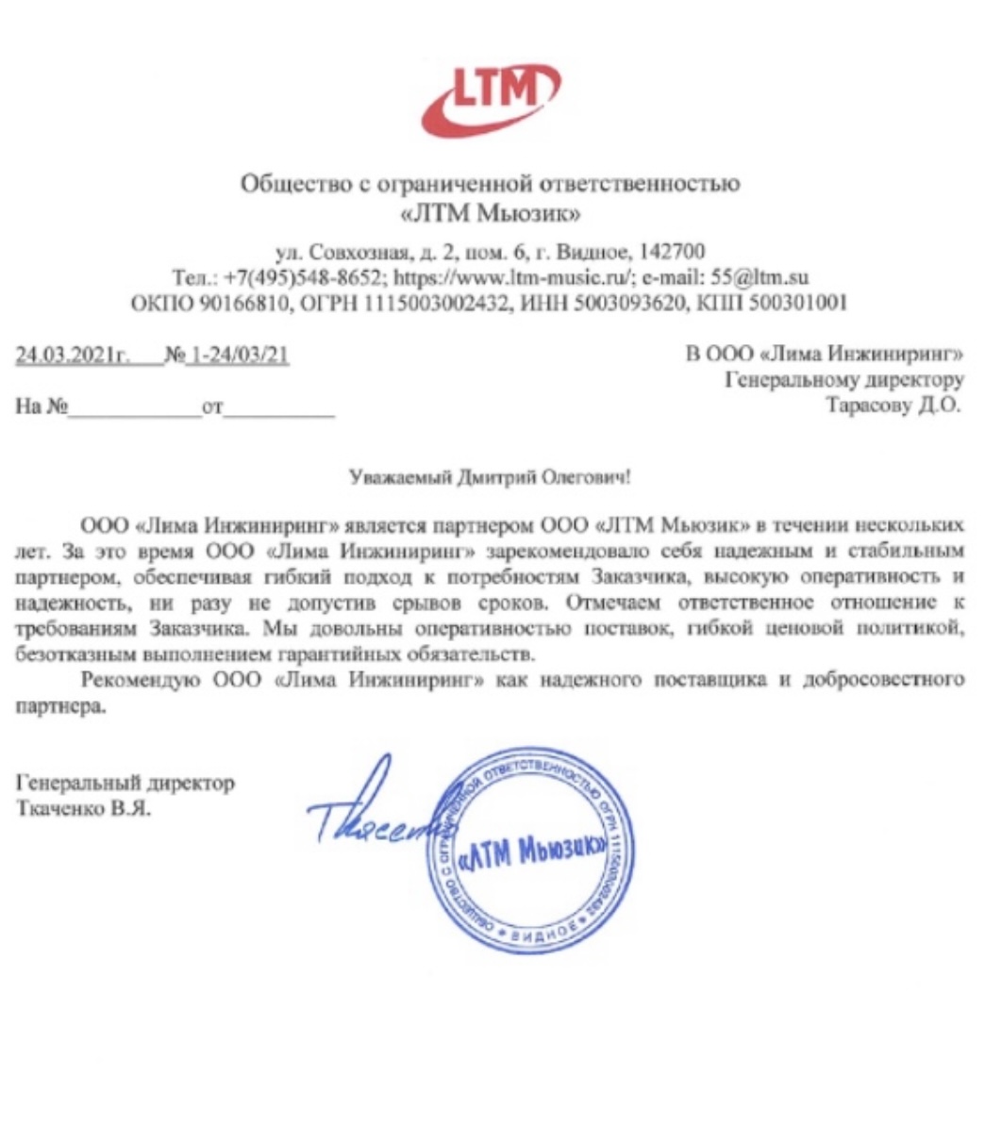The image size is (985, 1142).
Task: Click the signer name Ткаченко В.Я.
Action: [x=84, y=808]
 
